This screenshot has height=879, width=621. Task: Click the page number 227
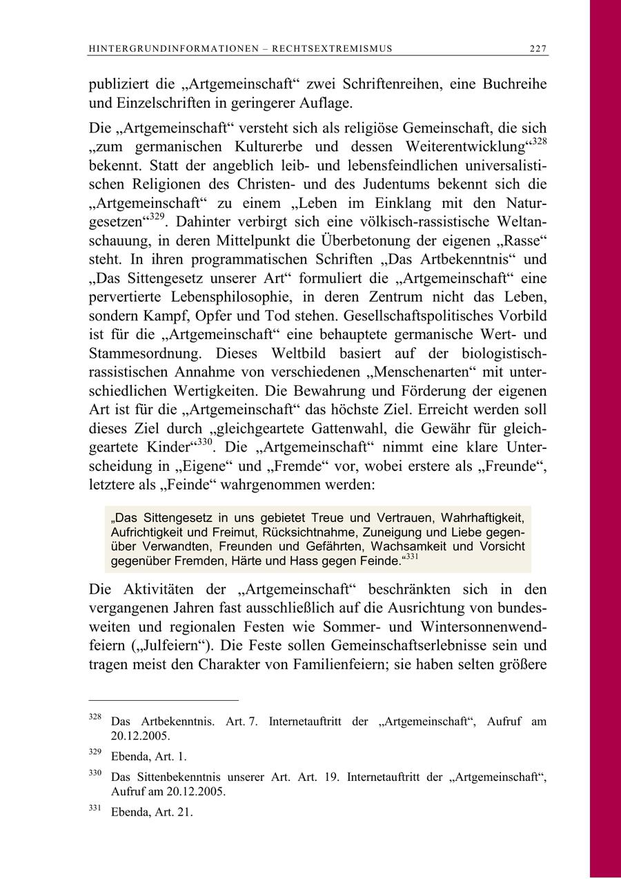pos(538,48)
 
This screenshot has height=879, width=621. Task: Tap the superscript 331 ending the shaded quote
pos(411,557)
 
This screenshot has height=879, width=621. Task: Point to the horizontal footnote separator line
pos(164,699)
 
